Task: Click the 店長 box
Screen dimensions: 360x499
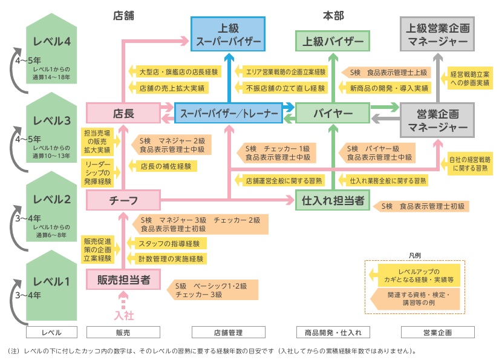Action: (x=123, y=113)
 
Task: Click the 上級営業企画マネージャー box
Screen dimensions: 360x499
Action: (x=437, y=34)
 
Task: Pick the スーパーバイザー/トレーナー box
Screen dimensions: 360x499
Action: (x=228, y=113)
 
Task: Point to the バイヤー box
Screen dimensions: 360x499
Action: (x=332, y=113)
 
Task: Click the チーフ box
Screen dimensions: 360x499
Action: (x=123, y=200)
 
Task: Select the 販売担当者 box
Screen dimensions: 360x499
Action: (x=123, y=280)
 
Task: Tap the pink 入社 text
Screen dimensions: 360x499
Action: (x=123, y=315)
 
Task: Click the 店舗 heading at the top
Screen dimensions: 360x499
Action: (x=123, y=16)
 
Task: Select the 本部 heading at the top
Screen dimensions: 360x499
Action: (x=332, y=16)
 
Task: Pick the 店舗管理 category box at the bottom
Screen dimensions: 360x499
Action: (x=228, y=332)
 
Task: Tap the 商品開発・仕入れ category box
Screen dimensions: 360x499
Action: (x=332, y=332)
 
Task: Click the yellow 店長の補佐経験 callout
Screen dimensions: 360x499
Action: (x=163, y=165)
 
